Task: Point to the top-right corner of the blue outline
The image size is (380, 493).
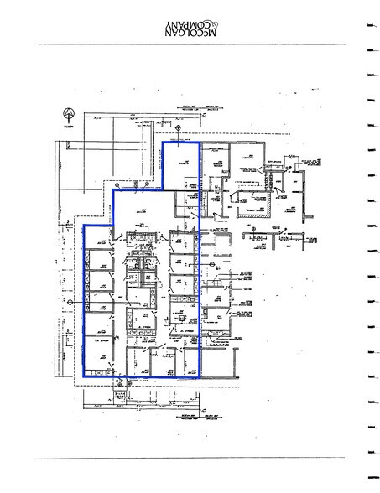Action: (200, 142)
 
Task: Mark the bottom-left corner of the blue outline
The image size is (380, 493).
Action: (83, 374)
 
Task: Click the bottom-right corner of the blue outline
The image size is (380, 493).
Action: (201, 374)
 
